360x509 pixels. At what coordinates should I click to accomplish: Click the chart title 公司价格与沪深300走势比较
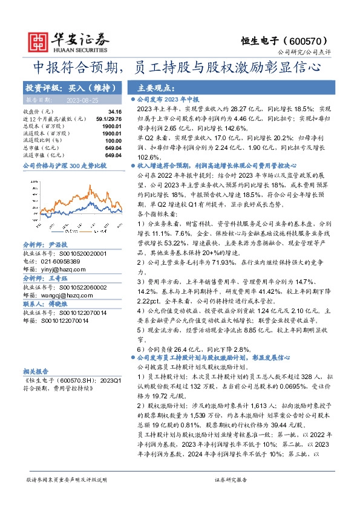click(x=64, y=165)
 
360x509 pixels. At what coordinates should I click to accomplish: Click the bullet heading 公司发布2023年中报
click(x=167, y=99)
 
